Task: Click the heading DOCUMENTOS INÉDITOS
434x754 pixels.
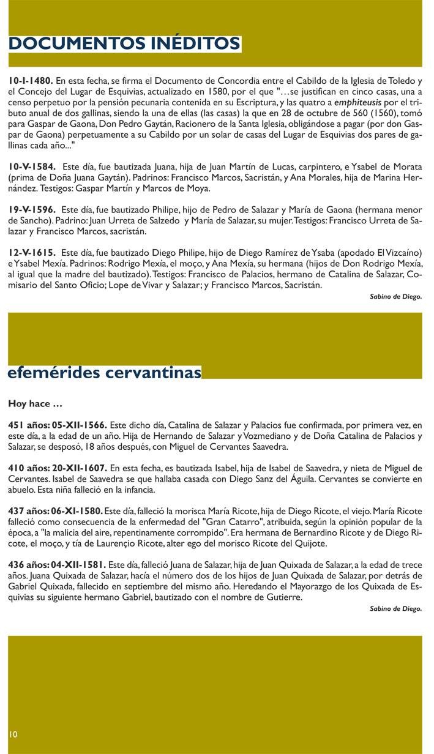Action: point(124,43)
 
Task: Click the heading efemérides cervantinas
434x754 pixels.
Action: point(104,373)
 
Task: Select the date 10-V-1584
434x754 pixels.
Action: point(32,166)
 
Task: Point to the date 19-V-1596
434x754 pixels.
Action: point(32,209)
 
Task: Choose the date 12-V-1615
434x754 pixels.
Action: point(32,252)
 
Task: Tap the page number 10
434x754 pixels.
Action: point(13,733)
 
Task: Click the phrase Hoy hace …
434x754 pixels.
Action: point(34,404)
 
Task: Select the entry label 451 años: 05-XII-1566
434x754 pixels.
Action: point(58,425)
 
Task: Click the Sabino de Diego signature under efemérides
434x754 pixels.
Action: point(395,610)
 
